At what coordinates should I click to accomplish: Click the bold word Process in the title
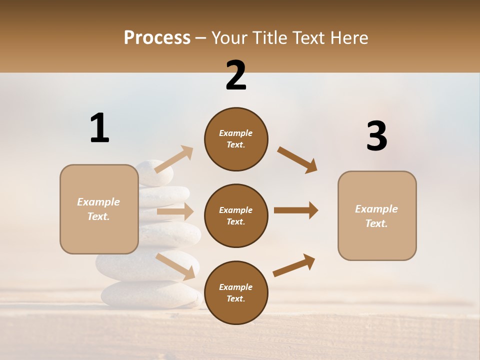point(157,37)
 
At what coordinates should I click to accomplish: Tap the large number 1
point(99,128)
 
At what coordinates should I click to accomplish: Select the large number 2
point(236,75)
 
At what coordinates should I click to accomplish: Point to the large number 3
point(376,136)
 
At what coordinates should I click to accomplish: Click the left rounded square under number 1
point(99,209)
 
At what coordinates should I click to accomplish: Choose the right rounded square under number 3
point(377,215)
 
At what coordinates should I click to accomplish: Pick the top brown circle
point(236,139)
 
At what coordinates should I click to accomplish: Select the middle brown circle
point(236,215)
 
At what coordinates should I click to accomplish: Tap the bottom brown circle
point(236,292)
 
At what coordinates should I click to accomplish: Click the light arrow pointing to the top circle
point(174,159)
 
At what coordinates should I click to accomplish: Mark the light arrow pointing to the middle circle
point(175,212)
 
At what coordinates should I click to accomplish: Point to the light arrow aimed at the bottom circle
point(175,266)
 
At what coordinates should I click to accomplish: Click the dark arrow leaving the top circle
point(297,160)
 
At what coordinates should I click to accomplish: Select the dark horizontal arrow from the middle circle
point(296,210)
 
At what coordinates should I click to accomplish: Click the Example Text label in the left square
point(98,209)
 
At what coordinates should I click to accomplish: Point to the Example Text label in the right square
point(376,216)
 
